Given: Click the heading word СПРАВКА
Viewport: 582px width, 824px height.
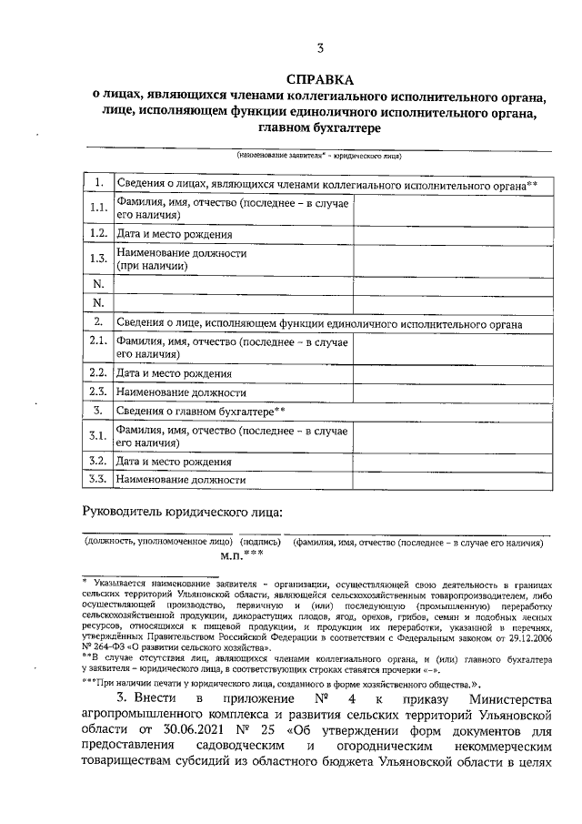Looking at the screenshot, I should pos(317,79).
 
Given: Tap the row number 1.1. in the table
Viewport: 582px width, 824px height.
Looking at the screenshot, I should pos(98,209).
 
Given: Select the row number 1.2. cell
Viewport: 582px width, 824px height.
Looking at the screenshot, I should pos(98,234).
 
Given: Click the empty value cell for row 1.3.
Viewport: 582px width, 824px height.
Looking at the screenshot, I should pos(452,259).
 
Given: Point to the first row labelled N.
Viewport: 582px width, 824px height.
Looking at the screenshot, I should pos(98,284).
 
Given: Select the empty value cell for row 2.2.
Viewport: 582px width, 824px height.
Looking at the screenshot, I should pos(452,372).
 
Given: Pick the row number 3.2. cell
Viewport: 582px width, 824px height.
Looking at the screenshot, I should pos(98,461).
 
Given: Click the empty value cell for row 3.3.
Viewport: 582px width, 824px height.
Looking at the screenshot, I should pos(452,479).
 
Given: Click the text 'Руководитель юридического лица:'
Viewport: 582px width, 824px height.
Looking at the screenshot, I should pos(183,512).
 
